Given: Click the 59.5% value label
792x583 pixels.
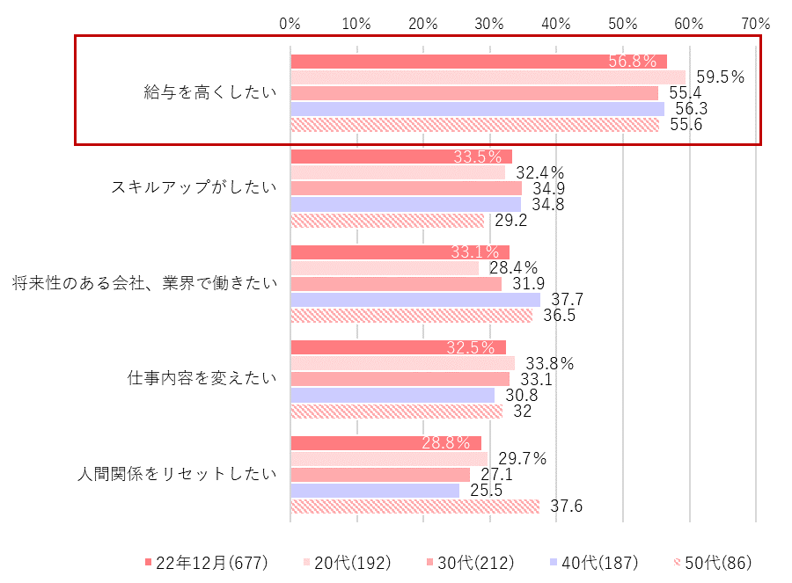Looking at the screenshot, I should coord(720,77).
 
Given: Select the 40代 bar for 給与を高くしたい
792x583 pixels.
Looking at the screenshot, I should coord(477,109).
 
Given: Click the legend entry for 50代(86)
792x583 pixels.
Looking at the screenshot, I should coord(712,562).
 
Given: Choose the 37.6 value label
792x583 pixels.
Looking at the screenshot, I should coord(566,506).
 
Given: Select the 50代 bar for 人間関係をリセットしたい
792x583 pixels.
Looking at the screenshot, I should coord(414,506).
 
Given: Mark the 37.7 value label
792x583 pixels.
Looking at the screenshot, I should coord(567,300).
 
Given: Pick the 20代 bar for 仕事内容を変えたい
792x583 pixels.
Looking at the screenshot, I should coord(402,362).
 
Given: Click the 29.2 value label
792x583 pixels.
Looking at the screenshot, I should coord(510,221).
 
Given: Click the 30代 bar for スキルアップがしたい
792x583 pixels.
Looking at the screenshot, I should coord(406,188).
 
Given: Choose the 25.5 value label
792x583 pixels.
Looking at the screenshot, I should coord(485,491).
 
